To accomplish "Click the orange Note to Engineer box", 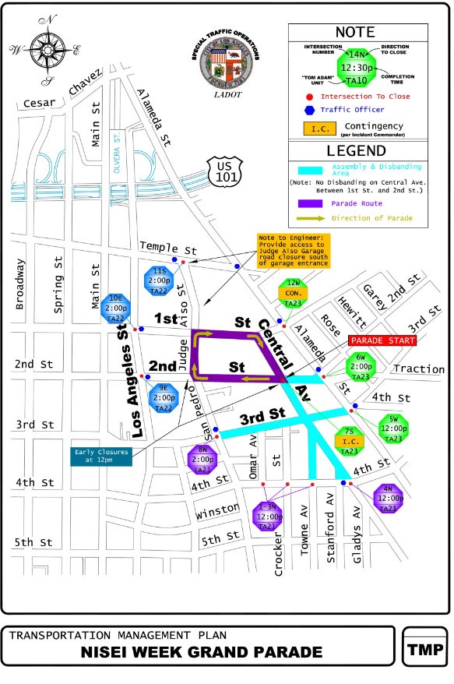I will (294, 250).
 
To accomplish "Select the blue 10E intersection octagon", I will (116, 309).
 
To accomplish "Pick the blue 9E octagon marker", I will (164, 397).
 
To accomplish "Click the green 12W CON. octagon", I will (294, 292).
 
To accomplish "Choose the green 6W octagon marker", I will (361, 366).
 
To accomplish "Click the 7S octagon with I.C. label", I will (350, 441).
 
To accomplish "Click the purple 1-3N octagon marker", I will (267, 516).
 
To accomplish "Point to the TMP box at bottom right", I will (424, 649).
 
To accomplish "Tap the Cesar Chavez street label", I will (62, 91).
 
